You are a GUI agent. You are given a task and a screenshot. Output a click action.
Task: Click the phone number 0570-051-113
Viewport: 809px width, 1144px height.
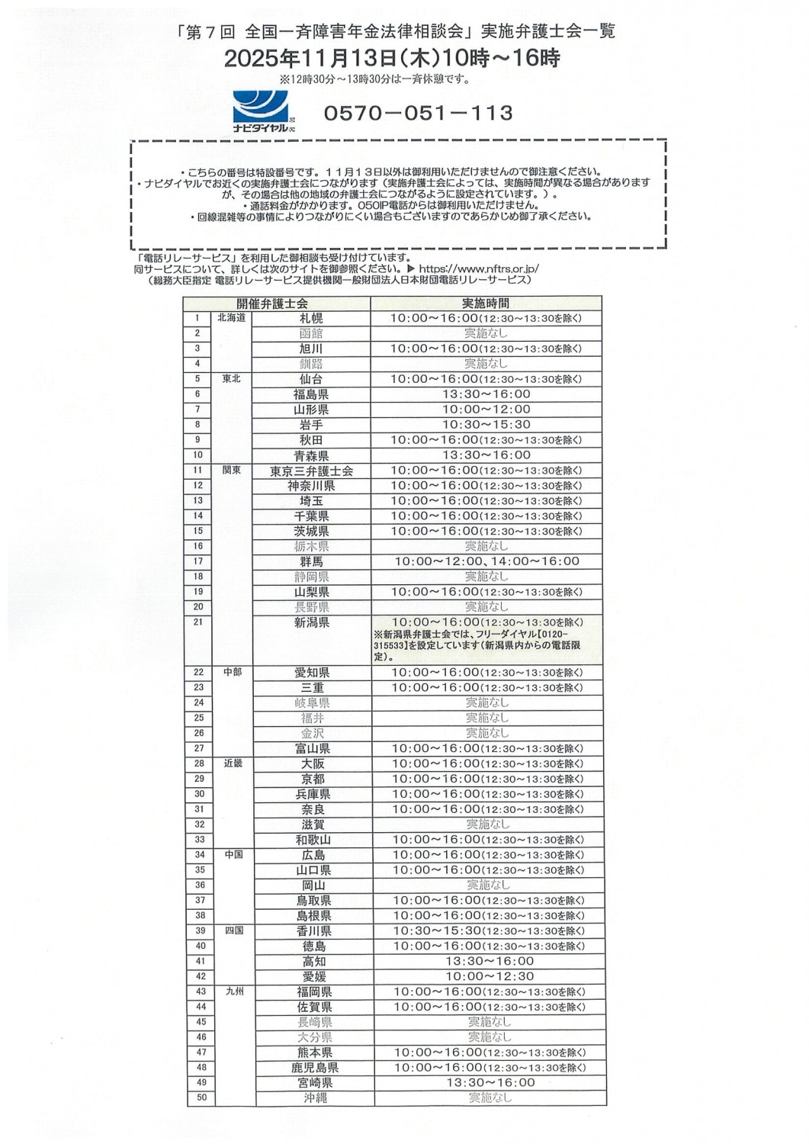click(418, 113)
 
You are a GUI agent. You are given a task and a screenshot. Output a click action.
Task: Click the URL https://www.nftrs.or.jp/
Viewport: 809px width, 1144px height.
click(478, 268)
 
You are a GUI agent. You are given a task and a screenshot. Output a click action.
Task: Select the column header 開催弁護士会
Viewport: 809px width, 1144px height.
click(272, 304)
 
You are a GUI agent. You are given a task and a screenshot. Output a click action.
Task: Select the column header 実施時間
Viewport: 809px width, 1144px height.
click(486, 304)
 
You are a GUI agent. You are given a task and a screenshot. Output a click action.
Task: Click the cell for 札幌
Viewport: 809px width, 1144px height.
click(311, 318)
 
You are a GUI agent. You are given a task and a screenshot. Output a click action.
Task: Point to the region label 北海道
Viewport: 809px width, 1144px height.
click(231, 318)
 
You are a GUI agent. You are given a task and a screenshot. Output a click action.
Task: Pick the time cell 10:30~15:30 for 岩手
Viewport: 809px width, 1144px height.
click(486, 425)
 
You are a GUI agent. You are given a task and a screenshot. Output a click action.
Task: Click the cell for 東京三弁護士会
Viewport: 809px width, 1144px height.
click(311, 471)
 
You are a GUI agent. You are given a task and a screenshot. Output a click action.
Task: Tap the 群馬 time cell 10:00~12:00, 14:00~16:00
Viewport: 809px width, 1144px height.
click(486, 561)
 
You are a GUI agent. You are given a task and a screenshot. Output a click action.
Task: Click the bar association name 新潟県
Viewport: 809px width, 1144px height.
click(311, 623)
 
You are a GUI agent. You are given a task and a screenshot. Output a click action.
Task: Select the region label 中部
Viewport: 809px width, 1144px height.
click(233, 672)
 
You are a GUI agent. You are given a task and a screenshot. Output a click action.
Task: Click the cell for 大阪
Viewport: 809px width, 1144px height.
click(313, 763)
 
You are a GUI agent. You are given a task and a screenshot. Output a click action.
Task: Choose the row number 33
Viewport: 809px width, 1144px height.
click(199, 840)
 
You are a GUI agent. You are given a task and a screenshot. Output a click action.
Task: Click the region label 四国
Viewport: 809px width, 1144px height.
click(233, 930)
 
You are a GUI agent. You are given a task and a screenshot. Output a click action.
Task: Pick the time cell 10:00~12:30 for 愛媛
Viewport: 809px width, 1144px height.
click(489, 976)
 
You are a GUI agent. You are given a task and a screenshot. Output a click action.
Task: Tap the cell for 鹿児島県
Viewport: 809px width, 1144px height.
click(314, 1068)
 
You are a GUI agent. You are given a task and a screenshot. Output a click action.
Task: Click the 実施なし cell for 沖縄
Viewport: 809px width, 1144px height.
click(490, 1097)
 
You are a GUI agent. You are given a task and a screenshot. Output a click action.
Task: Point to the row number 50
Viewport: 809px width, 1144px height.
click(201, 1097)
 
